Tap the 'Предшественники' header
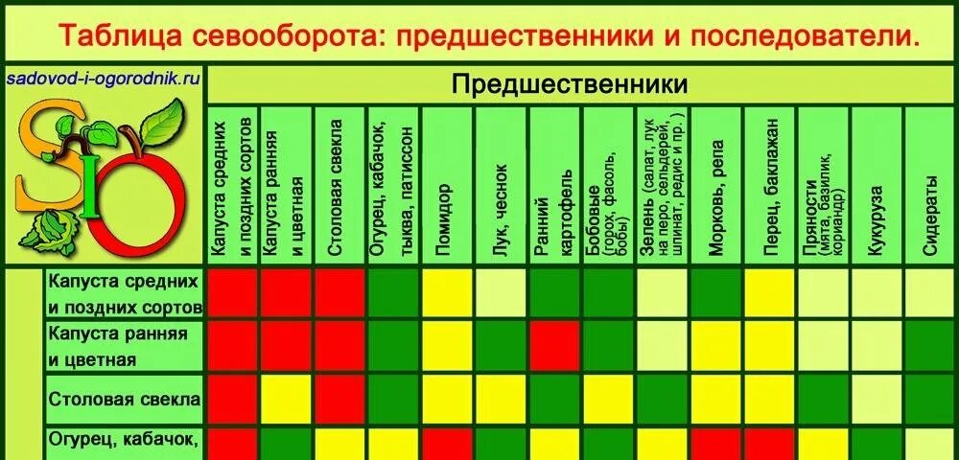tap(570, 84)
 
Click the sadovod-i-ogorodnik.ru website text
tap(103, 80)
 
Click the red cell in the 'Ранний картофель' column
tap(553, 346)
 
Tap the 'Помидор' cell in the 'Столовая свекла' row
tap(447, 400)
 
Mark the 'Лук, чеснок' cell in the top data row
tap(500, 293)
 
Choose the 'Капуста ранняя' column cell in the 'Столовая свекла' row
tap(286, 400)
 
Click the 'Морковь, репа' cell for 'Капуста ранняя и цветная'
tap(716, 346)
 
